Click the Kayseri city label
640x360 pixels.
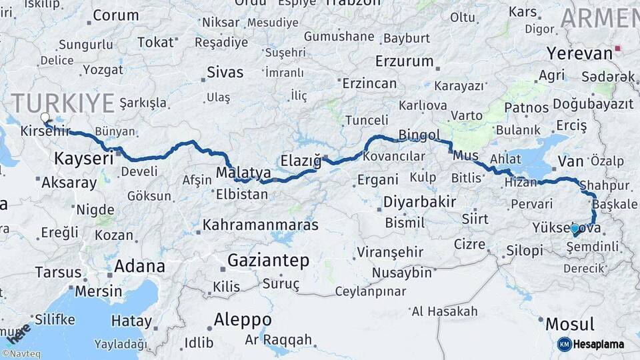(83, 159)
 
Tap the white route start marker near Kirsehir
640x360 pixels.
(45, 118)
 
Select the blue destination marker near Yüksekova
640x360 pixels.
(575, 229)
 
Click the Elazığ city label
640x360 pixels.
(301, 161)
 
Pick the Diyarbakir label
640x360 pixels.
(419, 202)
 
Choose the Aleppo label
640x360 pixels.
(243, 319)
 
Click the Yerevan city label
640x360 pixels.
(579, 53)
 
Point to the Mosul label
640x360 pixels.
(570, 325)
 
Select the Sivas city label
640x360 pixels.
(225, 72)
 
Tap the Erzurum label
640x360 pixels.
(404, 61)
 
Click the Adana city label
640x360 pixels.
(139, 266)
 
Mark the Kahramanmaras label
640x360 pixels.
(261, 225)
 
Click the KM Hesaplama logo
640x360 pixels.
(591, 344)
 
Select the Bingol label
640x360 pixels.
(419, 135)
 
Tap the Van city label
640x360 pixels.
(571, 161)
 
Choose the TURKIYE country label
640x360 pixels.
(63, 103)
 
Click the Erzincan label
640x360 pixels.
(369, 84)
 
